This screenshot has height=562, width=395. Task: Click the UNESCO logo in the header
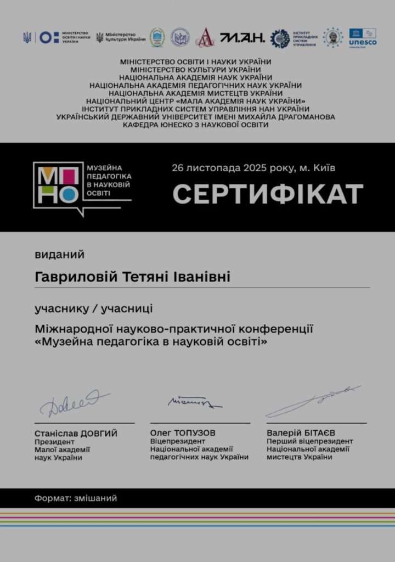point(363,37)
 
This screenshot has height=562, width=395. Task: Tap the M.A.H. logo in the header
point(242,37)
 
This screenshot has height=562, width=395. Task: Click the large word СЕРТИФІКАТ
point(268,194)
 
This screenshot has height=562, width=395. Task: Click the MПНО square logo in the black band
point(56,184)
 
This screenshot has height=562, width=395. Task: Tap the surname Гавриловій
point(76,277)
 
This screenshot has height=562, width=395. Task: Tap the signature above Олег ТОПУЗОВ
point(193,403)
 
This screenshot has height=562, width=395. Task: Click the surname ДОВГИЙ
point(99,434)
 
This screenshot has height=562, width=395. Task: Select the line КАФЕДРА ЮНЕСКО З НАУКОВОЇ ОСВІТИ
point(196,125)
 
